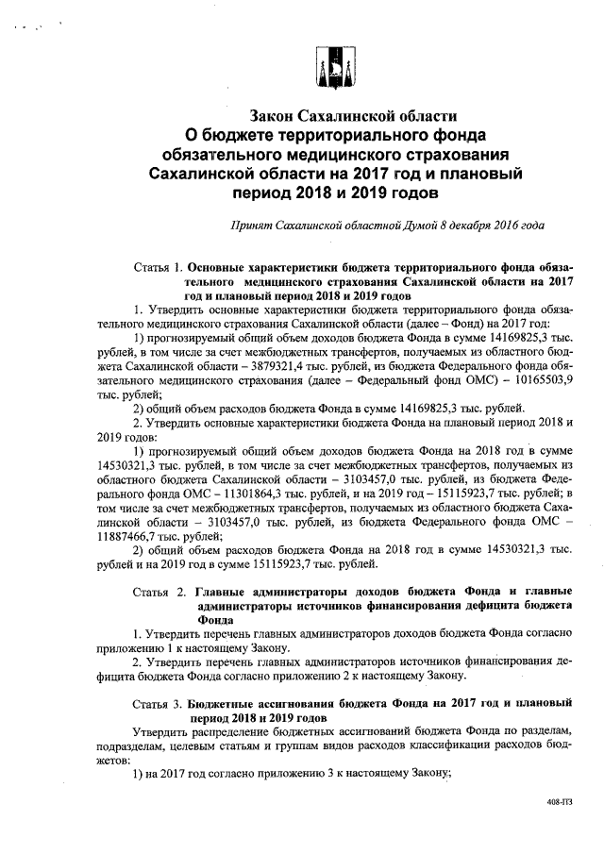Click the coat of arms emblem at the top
(x=327, y=63)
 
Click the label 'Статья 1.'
(x=156, y=267)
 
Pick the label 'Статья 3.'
(x=156, y=704)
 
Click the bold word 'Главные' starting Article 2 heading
(x=226, y=593)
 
